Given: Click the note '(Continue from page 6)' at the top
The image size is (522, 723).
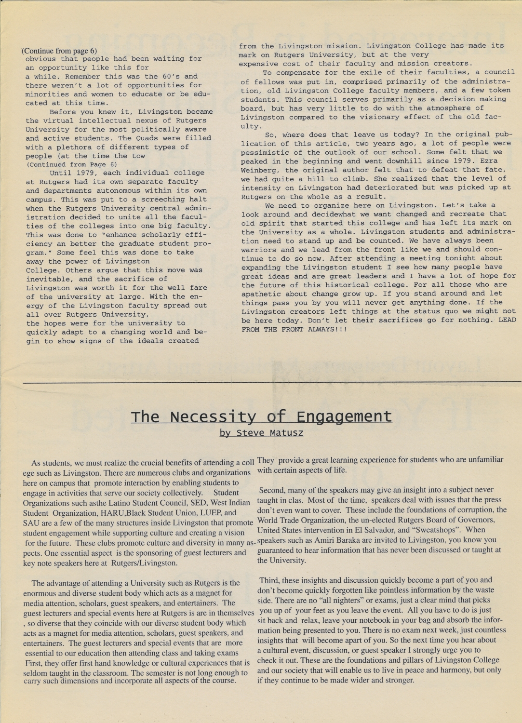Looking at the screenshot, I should tap(59, 51).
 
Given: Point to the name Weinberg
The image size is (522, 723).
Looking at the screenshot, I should tap(260, 170).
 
